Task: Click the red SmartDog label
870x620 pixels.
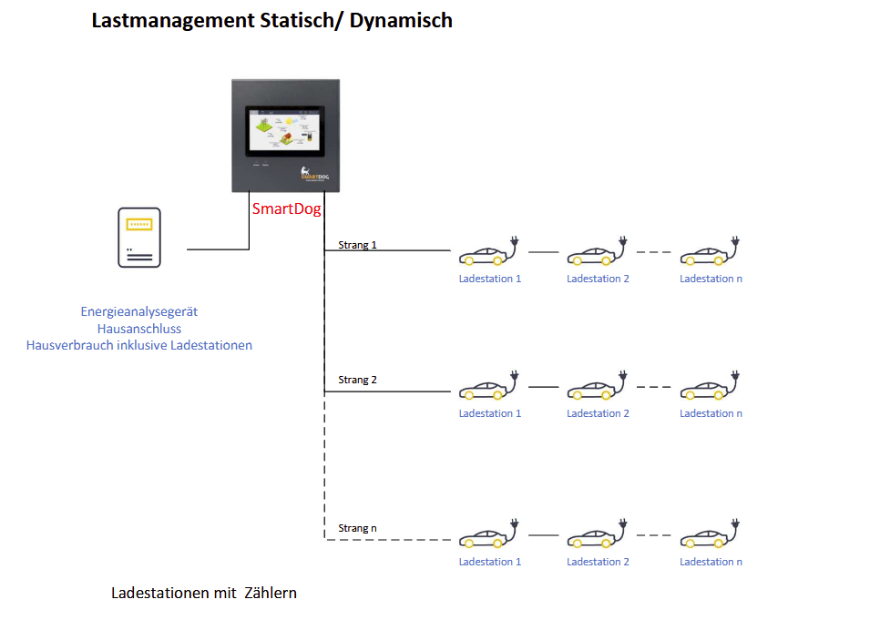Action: click(x=286, y=208)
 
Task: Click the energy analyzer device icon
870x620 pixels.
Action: click(x=139, y=237)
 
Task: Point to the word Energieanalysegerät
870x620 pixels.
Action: click(x=138, y=311)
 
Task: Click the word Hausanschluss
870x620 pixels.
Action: click(x=138, y=329)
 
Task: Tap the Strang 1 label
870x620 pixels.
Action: click(x=357, y=245)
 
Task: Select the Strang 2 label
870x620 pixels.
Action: click(x=357, y=380)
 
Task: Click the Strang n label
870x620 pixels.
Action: click(x=357, y=528)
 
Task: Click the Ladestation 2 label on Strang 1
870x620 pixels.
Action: click(x=598, y=279)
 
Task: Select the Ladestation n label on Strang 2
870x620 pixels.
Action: click(x=711, y=413)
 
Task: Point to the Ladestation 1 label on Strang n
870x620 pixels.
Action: click(x=490, y=562)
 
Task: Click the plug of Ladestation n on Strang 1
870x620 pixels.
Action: click(x=735, y=244)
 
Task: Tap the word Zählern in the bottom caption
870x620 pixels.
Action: click(x=271, y=593)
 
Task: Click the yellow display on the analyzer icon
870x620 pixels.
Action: click(x=139, y=224)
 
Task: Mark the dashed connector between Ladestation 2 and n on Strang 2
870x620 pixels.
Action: click(x=653, y=387)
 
